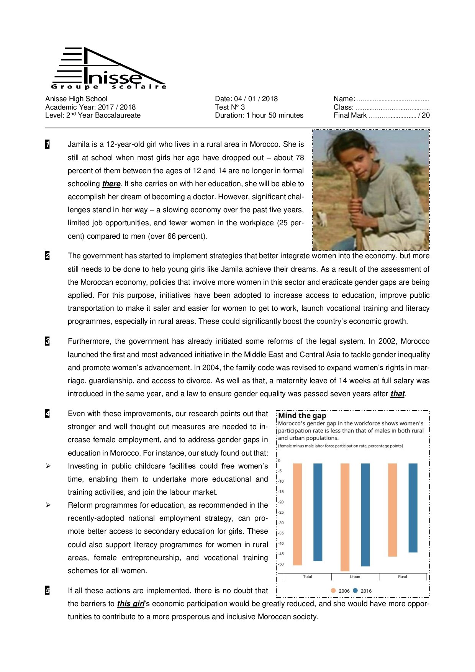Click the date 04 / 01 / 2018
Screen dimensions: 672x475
256,99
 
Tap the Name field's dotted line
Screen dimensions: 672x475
393,100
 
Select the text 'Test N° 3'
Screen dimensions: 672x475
230,107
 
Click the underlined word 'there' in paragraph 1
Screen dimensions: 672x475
111,184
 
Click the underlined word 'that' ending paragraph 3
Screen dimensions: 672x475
398,394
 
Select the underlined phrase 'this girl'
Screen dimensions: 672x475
131,604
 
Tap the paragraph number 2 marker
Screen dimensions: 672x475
47,256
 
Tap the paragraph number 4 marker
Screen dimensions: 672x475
47,413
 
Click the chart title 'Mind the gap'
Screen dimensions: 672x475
302,416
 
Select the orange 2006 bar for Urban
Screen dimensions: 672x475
345,517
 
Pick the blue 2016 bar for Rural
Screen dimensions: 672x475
413,508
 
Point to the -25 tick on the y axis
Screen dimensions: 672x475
281,513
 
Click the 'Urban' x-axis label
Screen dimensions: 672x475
355,577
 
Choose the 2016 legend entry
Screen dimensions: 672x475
362,591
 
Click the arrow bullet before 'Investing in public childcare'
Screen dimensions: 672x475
48,466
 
